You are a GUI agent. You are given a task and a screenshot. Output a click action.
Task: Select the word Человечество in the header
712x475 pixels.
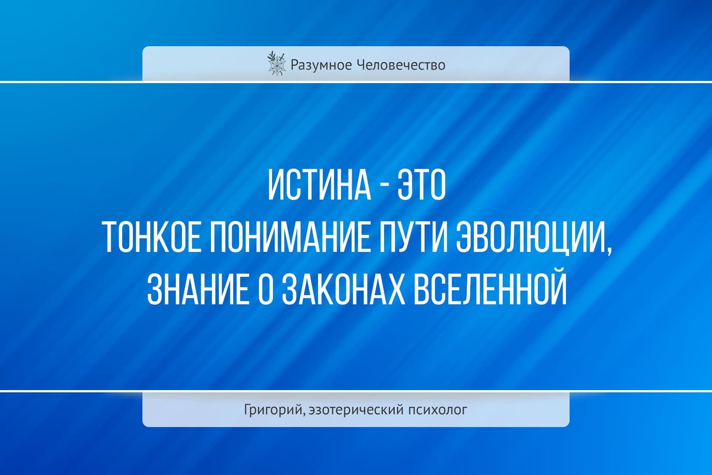click(401, 65)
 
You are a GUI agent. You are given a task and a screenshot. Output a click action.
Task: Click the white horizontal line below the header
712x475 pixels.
click(356, 82)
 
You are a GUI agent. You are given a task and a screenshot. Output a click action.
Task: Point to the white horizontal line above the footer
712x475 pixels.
click(356, 391)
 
